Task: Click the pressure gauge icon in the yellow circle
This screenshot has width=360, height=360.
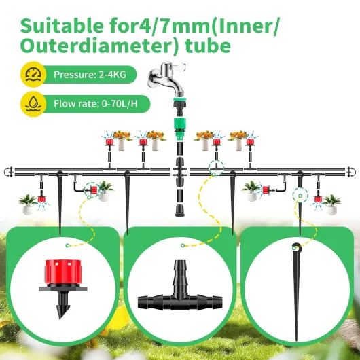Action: coord(33,75)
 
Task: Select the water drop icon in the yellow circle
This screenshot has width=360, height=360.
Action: coord(33,103)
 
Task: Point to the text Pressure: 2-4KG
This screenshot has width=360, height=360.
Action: coord(90,75)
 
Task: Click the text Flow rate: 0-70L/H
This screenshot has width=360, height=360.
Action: coord(96,103)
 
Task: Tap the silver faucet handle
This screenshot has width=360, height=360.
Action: coord(176,67)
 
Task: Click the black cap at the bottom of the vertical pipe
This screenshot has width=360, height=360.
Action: coord(179,211)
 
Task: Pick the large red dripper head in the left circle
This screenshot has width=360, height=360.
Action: coord(63,272)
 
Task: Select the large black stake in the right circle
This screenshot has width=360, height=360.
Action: coord(297,291)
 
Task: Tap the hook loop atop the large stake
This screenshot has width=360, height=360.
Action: coord(297,247)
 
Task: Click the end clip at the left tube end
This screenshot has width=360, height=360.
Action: coord(8,172)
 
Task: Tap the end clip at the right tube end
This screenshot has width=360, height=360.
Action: coord(352,172)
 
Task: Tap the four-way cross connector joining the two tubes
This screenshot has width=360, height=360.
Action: coord(180,172)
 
